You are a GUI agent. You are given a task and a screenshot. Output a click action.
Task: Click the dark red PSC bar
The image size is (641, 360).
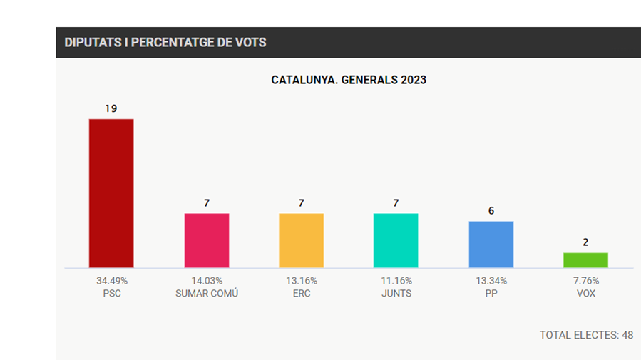(x=111, y=193)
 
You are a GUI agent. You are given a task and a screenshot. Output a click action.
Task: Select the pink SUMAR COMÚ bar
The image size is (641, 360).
(x=207, y=240)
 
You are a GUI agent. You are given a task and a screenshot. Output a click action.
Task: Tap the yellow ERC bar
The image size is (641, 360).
(x=301, y=240)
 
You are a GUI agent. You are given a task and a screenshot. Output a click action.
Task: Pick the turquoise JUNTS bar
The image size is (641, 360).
(x=396, y=240)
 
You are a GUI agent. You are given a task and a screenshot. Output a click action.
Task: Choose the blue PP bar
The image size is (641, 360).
(x=491, y=245)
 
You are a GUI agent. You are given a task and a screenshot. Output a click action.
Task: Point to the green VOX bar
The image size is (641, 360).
(x=585, y=260)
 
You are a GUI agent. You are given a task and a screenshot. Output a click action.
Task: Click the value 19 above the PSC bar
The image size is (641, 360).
(x=111, y=108)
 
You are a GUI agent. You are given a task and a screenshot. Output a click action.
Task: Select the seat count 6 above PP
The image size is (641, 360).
(x=491, y=211)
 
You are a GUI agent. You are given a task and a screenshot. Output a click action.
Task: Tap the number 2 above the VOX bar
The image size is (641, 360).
(x=585, y=242)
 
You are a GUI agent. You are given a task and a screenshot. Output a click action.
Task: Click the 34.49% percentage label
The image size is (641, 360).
(x=112, y=281)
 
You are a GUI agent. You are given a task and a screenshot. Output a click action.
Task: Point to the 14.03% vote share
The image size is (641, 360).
(x=207, y=281)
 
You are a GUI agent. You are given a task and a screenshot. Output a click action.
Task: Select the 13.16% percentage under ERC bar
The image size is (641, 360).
(x=301, y=281)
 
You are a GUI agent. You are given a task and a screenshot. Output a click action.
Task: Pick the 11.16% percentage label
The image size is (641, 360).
(x=396, y=281)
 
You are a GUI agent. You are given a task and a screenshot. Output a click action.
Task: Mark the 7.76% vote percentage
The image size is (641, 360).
(x=585, y=281)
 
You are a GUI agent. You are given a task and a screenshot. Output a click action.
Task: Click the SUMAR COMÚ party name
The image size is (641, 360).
(x=207, y=294)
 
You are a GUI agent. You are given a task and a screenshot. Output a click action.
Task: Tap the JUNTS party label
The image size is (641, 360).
(x=396, y=294)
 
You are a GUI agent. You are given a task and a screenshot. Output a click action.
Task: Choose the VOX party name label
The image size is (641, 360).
(x=585, y=294)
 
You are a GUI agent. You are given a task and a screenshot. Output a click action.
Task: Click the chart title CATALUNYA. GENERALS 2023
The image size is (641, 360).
(x=349, y=80)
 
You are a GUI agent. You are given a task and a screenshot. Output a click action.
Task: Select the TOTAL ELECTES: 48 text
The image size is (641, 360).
(x=586, y=335)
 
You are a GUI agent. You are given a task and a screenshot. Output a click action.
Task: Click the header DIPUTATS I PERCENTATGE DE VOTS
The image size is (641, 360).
(x=165, y=43)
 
